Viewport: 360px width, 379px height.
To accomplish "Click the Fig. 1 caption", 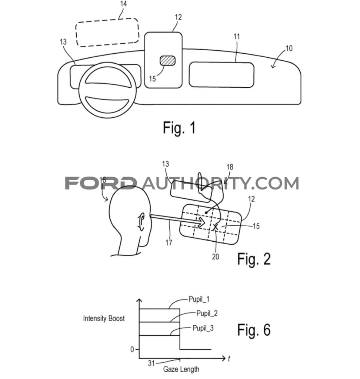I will pyautogui.click(x=179, y=128).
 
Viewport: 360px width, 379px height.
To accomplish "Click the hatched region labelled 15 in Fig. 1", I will pyautogui.click(x=167, y=61).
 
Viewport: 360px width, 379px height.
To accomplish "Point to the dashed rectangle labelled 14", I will pyautogui.click(x=107, y=33).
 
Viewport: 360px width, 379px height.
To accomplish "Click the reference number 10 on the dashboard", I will pyautogui.click(x=289, y=48).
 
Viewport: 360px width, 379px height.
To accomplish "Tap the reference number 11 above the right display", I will pyautogui.click(x=237, y=37).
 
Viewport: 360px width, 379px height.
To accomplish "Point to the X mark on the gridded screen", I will pyautogui.click(x=216, y=227).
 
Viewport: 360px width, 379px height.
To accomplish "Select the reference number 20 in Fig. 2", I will pyautogui.click(x=215, y=256).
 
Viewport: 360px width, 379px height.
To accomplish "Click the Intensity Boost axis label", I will pyautogui.click(x=104, y=318).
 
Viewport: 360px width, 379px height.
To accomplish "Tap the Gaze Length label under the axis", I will pyautogui.click(x=181, y=369).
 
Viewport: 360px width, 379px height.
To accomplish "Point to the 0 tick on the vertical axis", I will pyautogui.click(x=132, y=349).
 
